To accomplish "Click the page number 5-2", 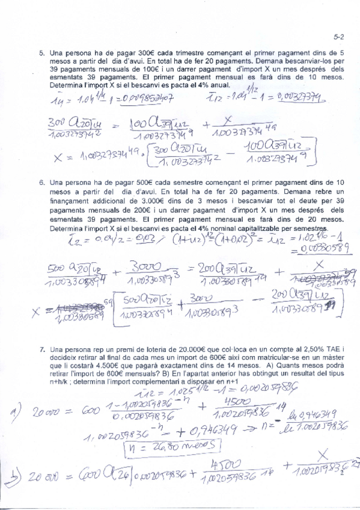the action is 339,37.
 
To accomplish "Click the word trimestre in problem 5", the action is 147,53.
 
